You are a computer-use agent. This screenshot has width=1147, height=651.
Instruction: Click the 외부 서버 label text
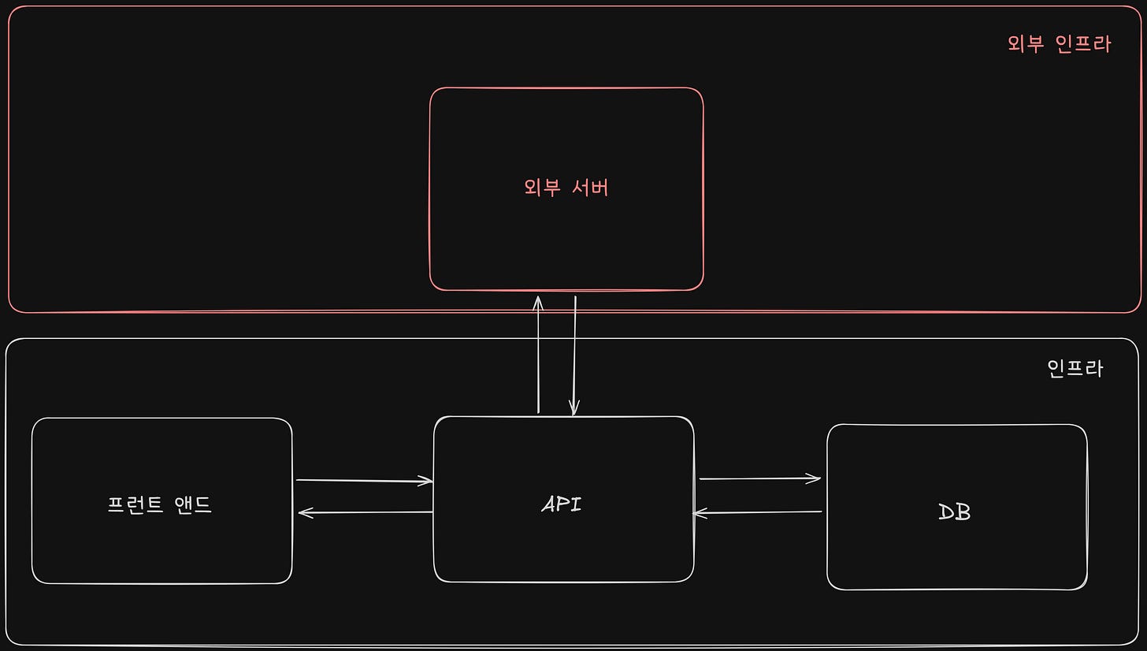(566, 188)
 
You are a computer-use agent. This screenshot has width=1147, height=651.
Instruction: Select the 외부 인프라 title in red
(1059, 44)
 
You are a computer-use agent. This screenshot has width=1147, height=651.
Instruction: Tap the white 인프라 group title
(1075, 368)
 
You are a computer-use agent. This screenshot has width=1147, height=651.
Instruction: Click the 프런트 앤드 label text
(160, 504)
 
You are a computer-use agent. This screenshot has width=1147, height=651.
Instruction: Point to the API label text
(562, 504)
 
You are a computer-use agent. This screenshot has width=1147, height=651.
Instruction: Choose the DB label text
(955, 512)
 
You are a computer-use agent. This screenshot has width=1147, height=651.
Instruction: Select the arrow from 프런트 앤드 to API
(364, 480)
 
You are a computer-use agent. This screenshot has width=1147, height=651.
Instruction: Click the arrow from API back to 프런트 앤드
(366, 512)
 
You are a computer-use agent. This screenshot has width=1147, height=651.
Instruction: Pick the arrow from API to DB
(759, 478)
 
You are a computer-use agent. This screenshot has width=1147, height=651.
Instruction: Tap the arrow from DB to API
(758, 513)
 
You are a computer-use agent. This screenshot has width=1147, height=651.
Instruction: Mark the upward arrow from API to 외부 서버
(538, 355)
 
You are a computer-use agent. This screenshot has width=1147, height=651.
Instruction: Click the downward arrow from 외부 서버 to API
(575, 355)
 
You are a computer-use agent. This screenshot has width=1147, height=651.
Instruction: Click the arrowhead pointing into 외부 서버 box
(538, 301)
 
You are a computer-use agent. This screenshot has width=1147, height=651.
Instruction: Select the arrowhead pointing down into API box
(575, 408)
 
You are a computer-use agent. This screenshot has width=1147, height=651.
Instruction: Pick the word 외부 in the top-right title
(1026, 44)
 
